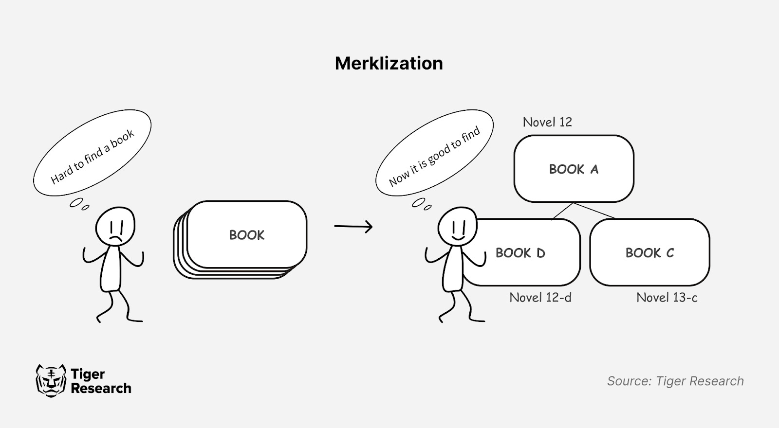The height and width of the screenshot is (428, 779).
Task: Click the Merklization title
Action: (389, 63)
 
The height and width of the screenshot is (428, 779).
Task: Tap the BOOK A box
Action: (574, 169)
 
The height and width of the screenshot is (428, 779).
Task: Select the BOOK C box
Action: (649, 252)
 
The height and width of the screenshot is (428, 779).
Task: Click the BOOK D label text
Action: (520, 253)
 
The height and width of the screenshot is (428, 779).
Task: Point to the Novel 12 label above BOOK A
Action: (547, 122)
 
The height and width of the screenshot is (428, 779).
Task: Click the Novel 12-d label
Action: (540, 297)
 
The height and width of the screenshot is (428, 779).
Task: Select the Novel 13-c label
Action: (667, 297)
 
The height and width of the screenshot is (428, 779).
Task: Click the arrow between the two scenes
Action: (353, 226)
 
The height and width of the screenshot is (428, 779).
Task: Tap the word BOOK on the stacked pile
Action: (247, 235)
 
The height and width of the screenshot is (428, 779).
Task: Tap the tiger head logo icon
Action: (51, 380)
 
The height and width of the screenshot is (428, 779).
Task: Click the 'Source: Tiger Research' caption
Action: (675, 381)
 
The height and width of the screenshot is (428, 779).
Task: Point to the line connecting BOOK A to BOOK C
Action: (595, 210)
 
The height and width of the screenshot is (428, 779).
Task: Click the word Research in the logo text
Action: (101, 388)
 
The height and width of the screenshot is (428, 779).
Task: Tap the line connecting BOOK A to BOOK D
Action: (562, 211)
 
